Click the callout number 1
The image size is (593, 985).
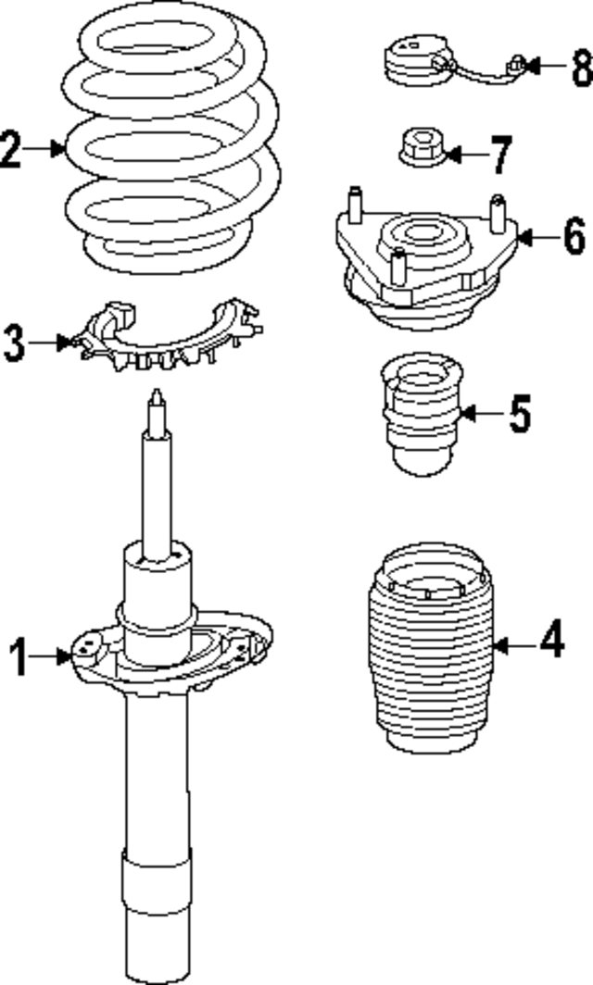tap(19, 656)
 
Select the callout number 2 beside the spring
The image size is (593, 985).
tap(11, 150)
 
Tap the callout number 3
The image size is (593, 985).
tap(15, 343)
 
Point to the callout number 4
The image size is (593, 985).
tap(551, 639)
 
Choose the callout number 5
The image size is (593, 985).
tap(520, 414)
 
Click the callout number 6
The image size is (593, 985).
tap(574, 237)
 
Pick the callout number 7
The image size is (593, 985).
tap(500, 155)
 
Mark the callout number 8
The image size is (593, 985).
tap(582, 68)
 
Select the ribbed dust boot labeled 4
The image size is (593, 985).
tap(429, 649)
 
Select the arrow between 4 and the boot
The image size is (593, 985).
tap(516, 645)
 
